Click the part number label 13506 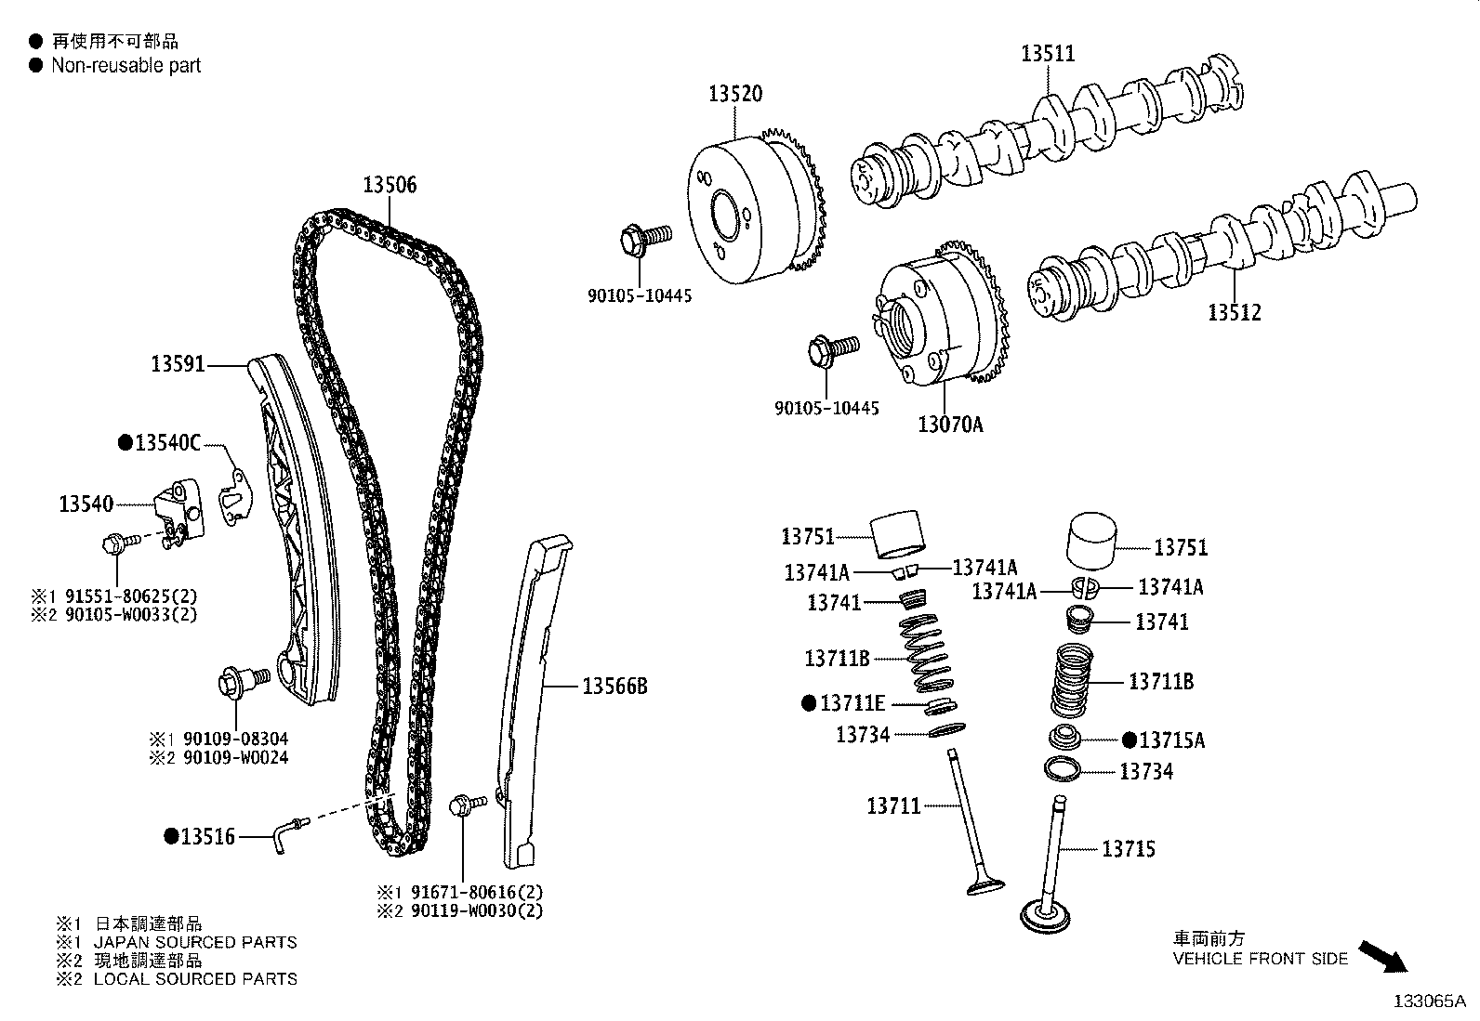390,185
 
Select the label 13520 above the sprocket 734,93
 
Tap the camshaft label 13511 1048,53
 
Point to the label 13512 1235,312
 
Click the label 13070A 949,425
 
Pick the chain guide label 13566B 614,687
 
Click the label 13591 178,365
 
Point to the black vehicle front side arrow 1382,956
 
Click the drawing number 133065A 1428,1001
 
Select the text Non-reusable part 126,65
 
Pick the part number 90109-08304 235,739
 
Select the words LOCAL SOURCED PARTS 195,978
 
